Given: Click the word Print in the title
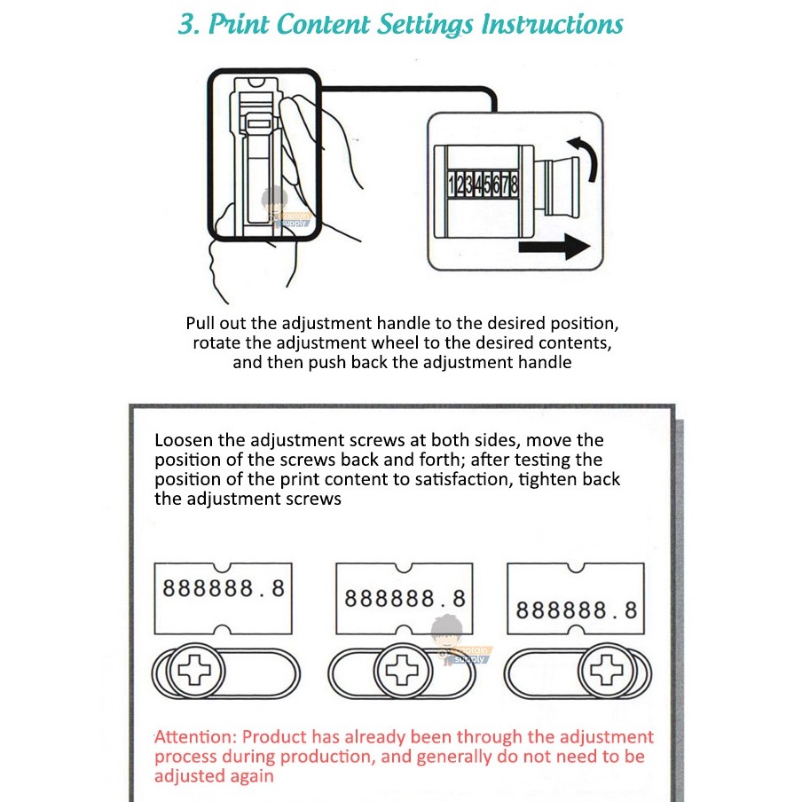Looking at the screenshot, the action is coord(239,24).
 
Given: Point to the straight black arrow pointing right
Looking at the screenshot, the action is coord(554,247).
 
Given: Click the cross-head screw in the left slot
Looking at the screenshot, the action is coord(194,670).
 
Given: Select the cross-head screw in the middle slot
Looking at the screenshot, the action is coord(402,670).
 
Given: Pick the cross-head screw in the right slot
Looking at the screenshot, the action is coord(607,670).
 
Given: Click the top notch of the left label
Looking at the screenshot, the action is coord(223,567).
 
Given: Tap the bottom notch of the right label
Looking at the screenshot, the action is coord(576,630).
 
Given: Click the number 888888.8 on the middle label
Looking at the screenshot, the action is coord(405,599).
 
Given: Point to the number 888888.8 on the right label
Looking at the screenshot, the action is coord(577,610).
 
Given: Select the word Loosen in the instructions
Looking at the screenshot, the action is coord(184,440).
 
